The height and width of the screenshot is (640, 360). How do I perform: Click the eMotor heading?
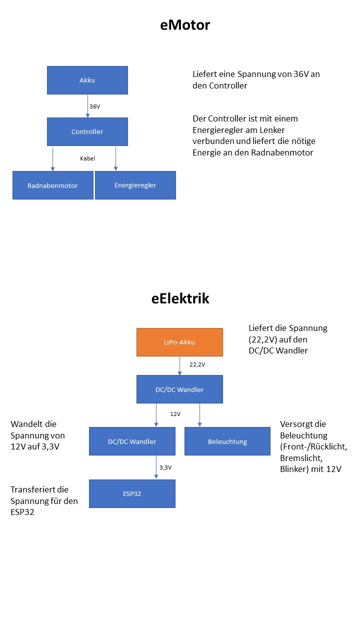(184, 24)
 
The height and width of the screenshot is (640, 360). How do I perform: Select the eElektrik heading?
(180, 299)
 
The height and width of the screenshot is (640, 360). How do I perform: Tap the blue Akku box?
(87, 80)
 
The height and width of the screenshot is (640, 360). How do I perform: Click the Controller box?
(87, 131)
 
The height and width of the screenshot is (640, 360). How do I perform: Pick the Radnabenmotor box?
(53, 185)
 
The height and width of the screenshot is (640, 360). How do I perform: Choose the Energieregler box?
(135, 185)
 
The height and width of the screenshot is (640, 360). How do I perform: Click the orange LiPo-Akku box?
(179, 342)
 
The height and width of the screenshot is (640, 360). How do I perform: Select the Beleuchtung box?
(227, 441)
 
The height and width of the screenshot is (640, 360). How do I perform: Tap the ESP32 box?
(132, 493)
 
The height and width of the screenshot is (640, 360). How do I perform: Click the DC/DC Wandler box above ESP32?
(132, 441)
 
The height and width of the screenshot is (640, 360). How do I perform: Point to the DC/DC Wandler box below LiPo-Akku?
(179, 389)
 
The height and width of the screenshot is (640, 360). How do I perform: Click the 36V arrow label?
(95, 106)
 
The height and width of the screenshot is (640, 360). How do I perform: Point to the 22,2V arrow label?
(197, 364)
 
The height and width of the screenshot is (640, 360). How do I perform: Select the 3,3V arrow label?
(165, 467)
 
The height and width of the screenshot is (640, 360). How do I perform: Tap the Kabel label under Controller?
(87, 158)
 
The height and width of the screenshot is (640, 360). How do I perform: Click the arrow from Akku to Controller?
(87, 106)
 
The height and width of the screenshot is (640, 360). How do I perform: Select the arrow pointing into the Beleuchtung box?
(199, 415)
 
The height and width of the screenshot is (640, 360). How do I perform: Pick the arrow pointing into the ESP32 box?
(156, 467)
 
